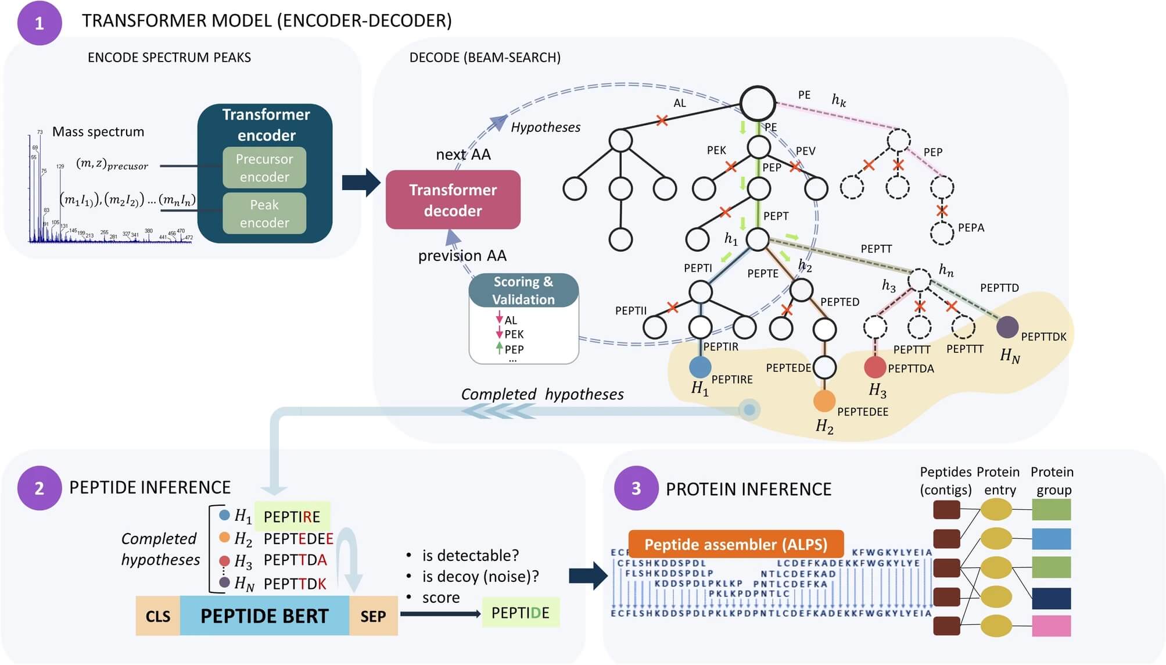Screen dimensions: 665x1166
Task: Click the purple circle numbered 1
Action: click(x=40, y=23)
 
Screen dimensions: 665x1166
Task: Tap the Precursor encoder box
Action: click(x=264, y=168)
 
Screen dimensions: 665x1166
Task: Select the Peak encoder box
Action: click(x=264, y=213)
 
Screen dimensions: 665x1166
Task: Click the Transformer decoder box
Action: click(x=453, y=200)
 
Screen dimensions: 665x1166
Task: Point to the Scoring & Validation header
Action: click(x=523, y=290)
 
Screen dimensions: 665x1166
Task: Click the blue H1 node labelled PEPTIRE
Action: click(x=700, y=367)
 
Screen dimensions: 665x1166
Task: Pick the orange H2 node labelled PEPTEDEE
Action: click(x=824, y=401)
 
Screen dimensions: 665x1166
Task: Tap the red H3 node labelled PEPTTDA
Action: click(x=875, y=367)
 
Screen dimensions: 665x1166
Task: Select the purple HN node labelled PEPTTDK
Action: click(x=1007, y=327)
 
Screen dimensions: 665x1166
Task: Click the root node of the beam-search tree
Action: click(x=758, y=103)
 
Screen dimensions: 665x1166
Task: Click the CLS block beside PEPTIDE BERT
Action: click(x=158, y=616)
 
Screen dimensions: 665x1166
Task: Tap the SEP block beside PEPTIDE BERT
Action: click(x=373, y=616)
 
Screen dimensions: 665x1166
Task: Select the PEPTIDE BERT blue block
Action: click(x=264, y=616)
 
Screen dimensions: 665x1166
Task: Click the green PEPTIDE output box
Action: click(x=521, y=613)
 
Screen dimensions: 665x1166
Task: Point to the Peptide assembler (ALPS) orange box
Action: click(x=736, y=545)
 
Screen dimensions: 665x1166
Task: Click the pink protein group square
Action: click(x=1051, y=626)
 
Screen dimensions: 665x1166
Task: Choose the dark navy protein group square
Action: click(x=1051, y=598)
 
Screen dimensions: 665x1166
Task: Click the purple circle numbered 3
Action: click(x=636, y=488)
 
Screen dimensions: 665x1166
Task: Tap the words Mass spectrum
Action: click(x=98, y=132)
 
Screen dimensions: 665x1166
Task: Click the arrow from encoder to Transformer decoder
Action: click(x=361, y=183)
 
